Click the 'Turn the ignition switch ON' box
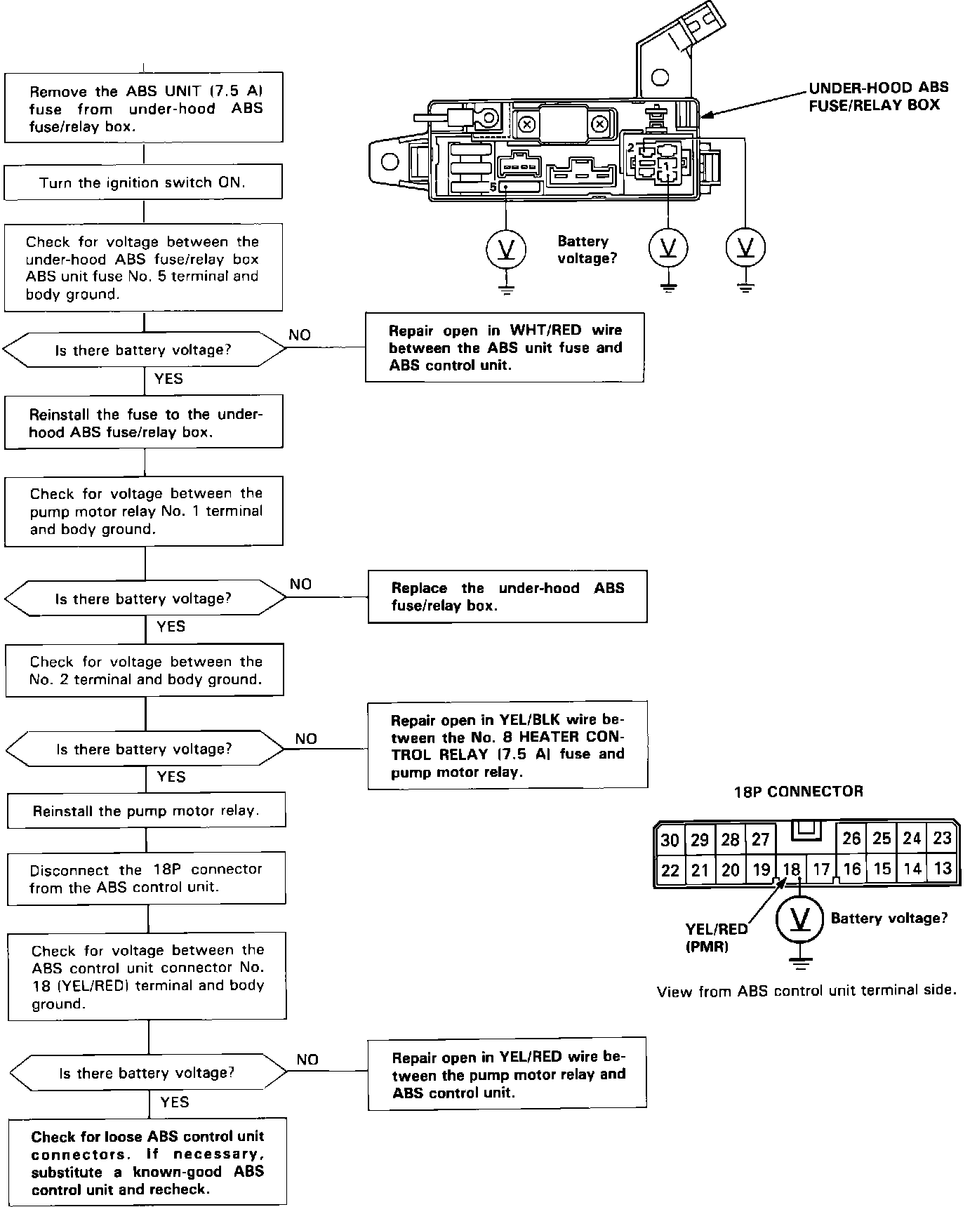point(143,182)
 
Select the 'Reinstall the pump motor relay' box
point(147,811)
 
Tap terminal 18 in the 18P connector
point(791,870)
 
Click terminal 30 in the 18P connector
point(670,839)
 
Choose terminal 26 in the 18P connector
point(851,839)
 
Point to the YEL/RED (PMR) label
point(716,938)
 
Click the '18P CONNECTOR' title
point(798,792)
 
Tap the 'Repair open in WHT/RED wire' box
point(505,347)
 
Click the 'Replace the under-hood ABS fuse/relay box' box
point(507,596)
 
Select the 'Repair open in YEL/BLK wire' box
point(507,745)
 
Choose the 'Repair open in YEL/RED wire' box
point(507,1074)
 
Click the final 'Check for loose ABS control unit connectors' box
point(147,1162)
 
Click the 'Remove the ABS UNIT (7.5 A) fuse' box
point(144,107)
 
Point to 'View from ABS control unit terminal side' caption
point(806,991)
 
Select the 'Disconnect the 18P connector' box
point(147,878)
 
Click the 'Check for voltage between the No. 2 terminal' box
point(145,670)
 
